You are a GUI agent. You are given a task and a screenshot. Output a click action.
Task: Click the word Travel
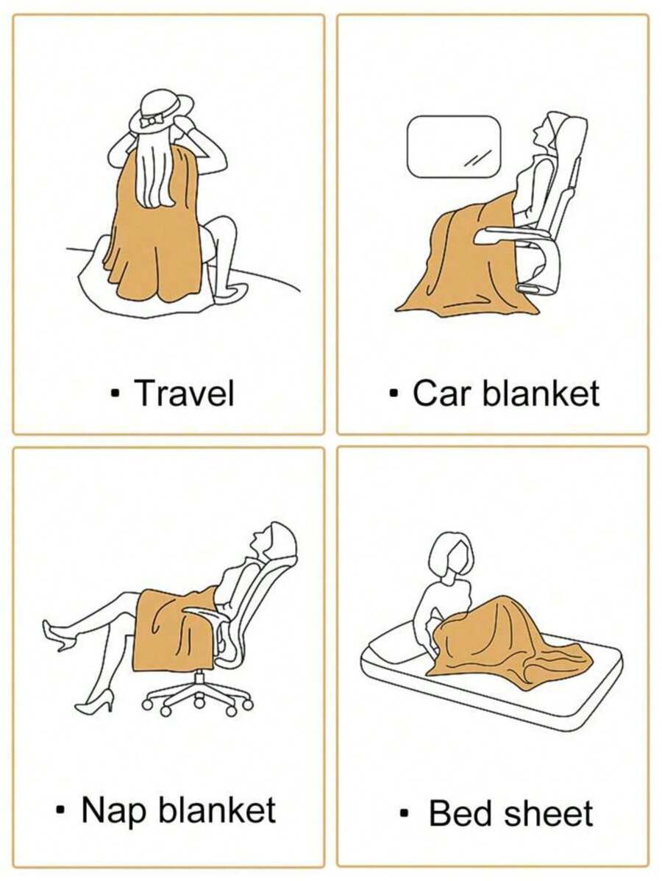185,393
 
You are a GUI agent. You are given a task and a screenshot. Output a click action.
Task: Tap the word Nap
114,810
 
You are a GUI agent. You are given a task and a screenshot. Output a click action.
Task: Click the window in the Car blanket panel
454,146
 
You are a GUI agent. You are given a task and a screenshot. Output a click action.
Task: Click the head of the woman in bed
452,555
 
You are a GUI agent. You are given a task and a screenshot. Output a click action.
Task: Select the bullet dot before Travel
115,392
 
